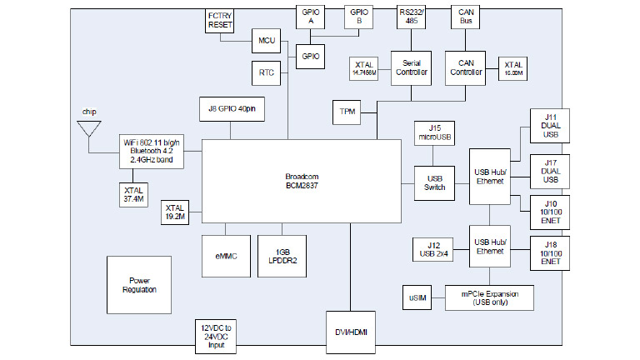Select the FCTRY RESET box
[x=222, y=21]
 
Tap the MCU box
[x=267, y=39]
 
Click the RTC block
[x=267, y=72]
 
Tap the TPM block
[x=347, y=111]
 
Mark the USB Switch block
[x=434, y=182]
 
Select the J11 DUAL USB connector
[x=552, y=126]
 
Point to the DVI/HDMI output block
[x=352, y=332]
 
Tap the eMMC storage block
[x=225, y=257]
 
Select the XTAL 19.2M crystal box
[x=176, y=212]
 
